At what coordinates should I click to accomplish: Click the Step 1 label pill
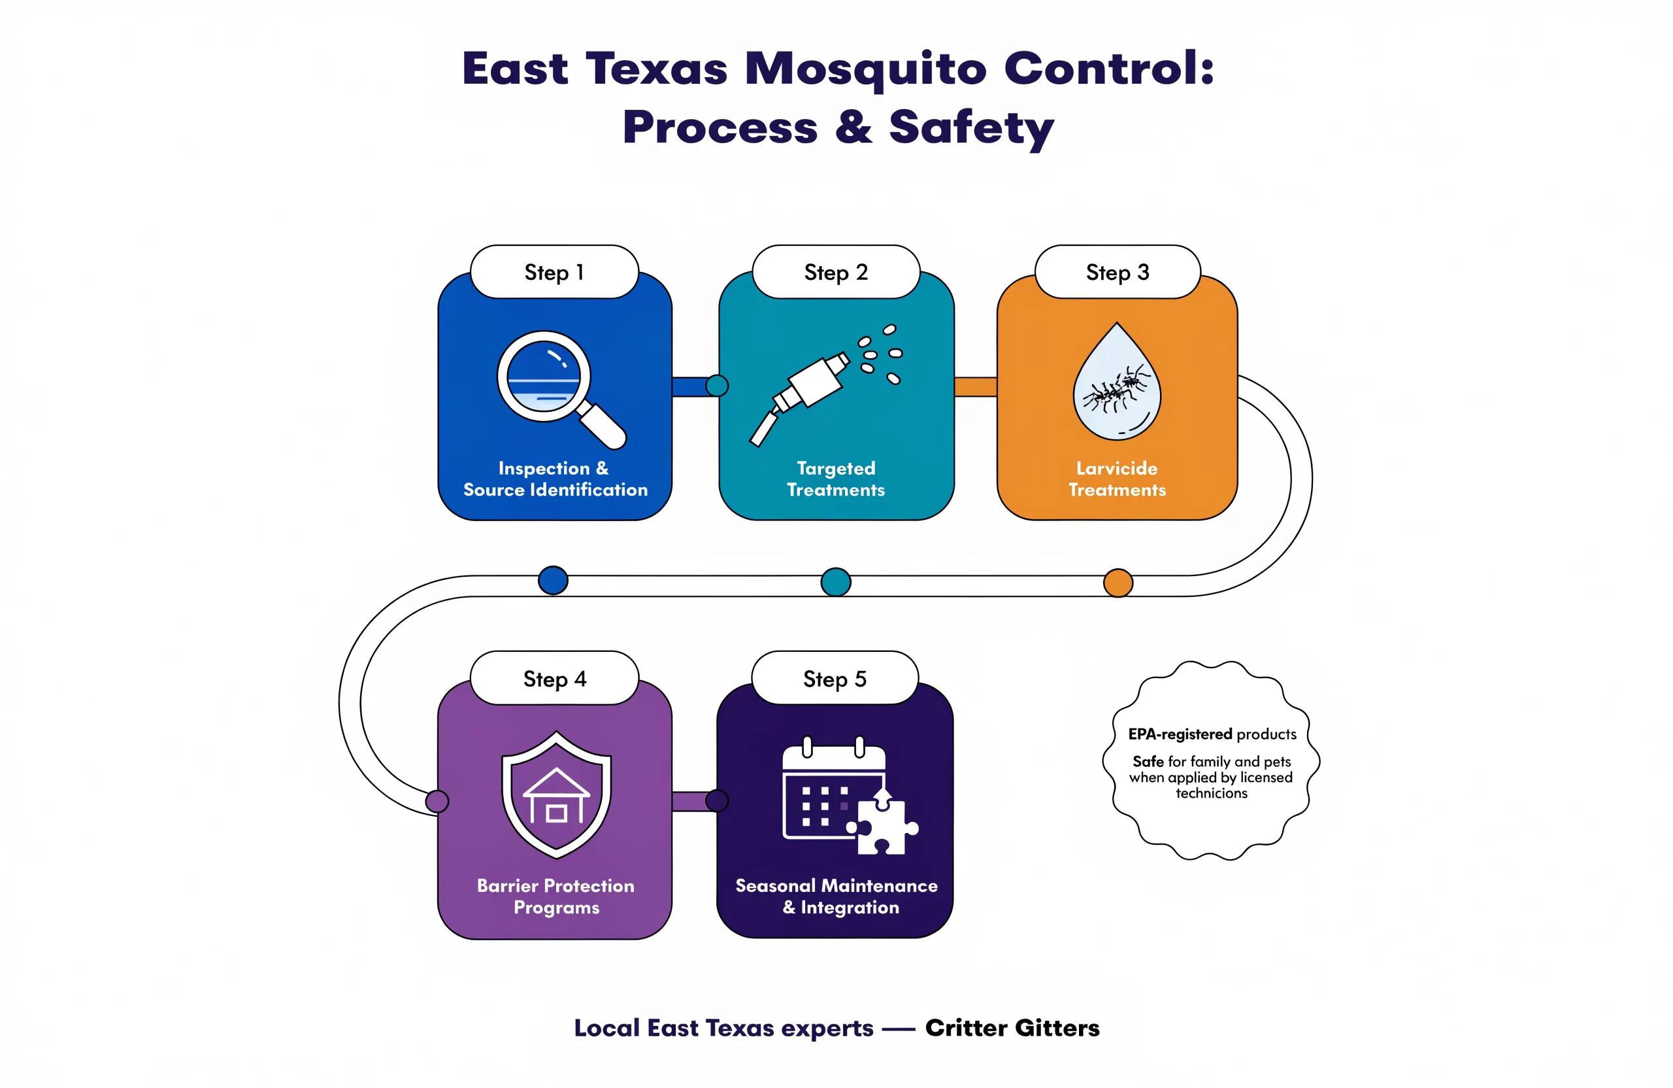coord(554,272)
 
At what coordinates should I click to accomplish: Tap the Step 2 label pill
coord(836,272)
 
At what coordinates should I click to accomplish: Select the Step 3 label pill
coord(1118,272)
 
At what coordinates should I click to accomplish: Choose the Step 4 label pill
coord(554,678)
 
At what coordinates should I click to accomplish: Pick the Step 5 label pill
coord(835,678)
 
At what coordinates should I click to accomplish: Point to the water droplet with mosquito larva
coord(1117,382)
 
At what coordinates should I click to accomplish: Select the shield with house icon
coord(556,794)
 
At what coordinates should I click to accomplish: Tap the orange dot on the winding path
coord(1118,583)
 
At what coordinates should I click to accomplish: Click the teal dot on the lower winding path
coord(836,582)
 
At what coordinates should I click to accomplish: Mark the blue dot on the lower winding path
coord(554,580)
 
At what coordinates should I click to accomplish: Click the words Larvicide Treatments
coord(1117,479)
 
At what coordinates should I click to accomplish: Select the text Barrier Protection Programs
coord(556,896)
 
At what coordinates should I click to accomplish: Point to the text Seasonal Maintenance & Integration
coord(836,896)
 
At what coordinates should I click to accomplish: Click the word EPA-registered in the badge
coord(1180,734)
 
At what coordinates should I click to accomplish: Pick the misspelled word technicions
coord(1212,793)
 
